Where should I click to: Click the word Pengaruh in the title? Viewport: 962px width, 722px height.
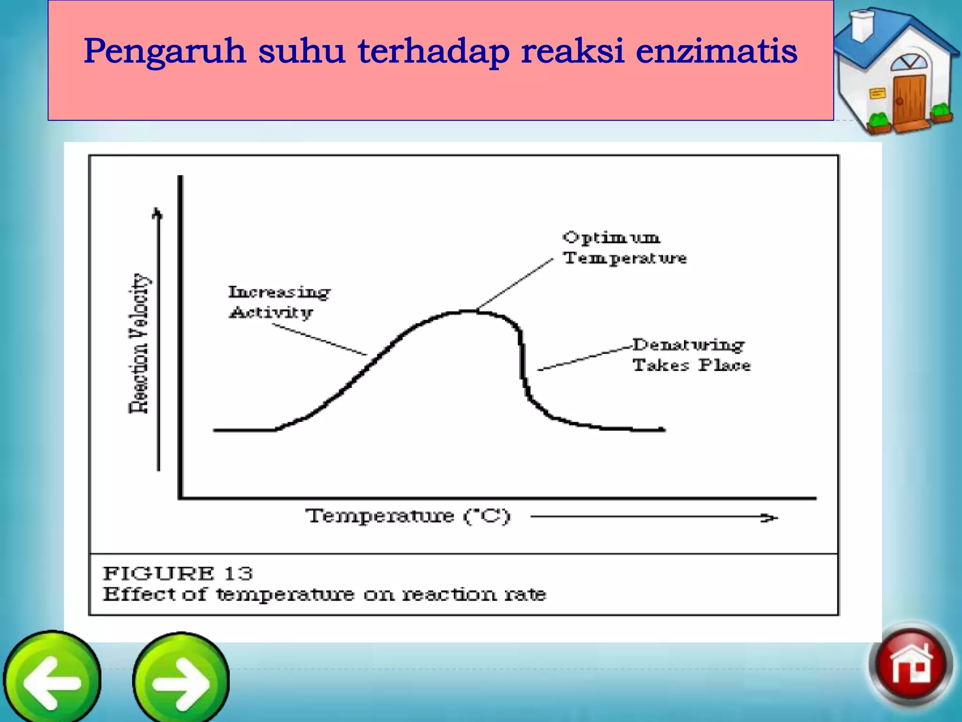click(x=164, y=52)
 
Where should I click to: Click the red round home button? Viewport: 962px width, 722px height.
click(x=910, y=664)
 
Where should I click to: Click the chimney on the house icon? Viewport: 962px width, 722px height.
click(x=862, y=26)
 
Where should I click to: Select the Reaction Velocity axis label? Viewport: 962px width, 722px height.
click(x=139, y=343)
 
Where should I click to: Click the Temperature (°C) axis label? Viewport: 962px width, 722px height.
click(x=408, y=516)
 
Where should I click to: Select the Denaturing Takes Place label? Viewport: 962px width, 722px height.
click(x=690, y=355)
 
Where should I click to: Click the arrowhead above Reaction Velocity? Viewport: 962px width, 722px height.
click(x=158, y=214)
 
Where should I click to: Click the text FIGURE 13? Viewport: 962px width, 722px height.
click(x=178, y=573)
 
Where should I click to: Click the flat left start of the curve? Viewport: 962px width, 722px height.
click(x=244, y=430)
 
